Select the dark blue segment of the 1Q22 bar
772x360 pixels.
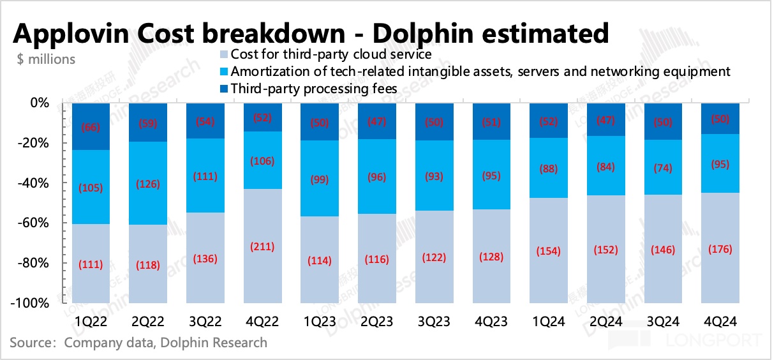(90, 126)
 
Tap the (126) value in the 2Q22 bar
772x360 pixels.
(147, 185)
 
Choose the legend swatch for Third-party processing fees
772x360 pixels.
(223, 89)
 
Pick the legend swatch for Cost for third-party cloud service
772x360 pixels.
(223, 54)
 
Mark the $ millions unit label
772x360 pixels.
(47, 59)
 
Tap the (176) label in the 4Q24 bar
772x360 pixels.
(720, 250)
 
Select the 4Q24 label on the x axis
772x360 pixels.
(720, 320)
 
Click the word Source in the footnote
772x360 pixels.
(30, 343)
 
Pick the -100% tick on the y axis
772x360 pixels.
(31, 303)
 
